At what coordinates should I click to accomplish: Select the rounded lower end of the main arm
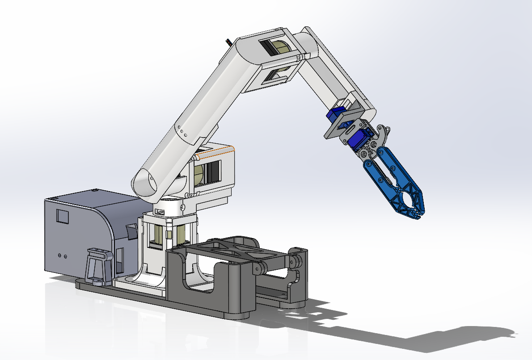coord(145,183)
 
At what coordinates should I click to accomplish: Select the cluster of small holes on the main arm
coord(181,130)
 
